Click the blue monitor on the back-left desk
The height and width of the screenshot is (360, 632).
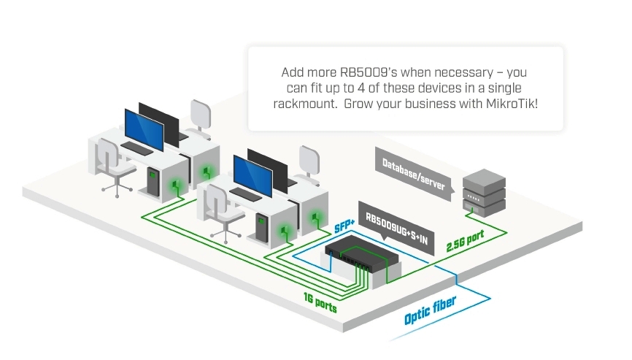[143, 129]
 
